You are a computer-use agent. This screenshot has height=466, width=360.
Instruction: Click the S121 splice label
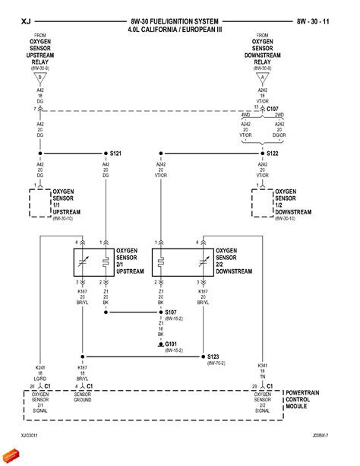[115, 153]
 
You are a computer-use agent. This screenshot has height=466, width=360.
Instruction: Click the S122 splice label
[273, 153]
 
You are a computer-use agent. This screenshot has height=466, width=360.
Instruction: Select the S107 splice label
[170, 312]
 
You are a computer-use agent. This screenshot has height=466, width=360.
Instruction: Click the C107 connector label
[272, 109]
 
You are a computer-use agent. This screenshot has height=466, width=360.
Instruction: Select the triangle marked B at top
[40, 78]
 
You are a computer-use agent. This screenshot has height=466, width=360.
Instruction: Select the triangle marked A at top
[264, 78]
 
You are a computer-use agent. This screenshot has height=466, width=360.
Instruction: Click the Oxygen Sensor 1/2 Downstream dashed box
[264, 204]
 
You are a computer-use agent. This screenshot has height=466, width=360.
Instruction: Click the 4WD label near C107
[245, 116]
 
